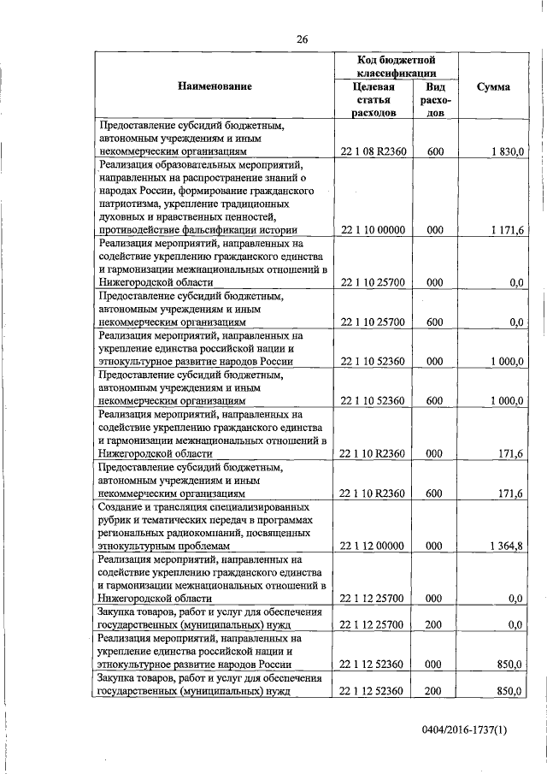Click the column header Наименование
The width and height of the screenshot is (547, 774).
click(215, 86)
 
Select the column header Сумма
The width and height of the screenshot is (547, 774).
click(494, 86)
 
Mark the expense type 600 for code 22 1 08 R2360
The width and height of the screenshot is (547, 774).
click(434, 152)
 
